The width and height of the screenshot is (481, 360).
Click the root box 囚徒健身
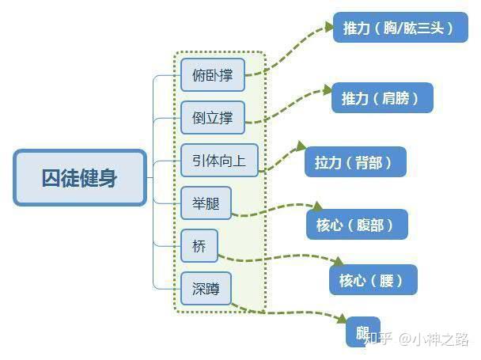coord(80,178)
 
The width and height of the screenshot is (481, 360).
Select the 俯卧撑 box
coord(212,75)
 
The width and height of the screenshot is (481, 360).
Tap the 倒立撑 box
coord(212,118)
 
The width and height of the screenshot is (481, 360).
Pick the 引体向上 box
coord(219,161)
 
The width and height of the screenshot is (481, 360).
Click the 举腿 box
coord(206,203)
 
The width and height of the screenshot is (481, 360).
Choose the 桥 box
coord(199,246)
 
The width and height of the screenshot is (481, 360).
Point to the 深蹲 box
coord(206,289)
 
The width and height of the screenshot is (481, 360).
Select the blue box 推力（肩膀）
coord(382,98)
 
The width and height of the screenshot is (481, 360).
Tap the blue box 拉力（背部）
coord(354,162)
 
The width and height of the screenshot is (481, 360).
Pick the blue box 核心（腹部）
coord(356,225)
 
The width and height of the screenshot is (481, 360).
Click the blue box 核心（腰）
coord(372,279)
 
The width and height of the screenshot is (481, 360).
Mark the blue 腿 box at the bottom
coord(362,332)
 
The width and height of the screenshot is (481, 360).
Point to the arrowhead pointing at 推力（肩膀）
coord(326,90)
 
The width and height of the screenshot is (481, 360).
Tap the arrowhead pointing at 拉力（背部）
coord(300,147)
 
